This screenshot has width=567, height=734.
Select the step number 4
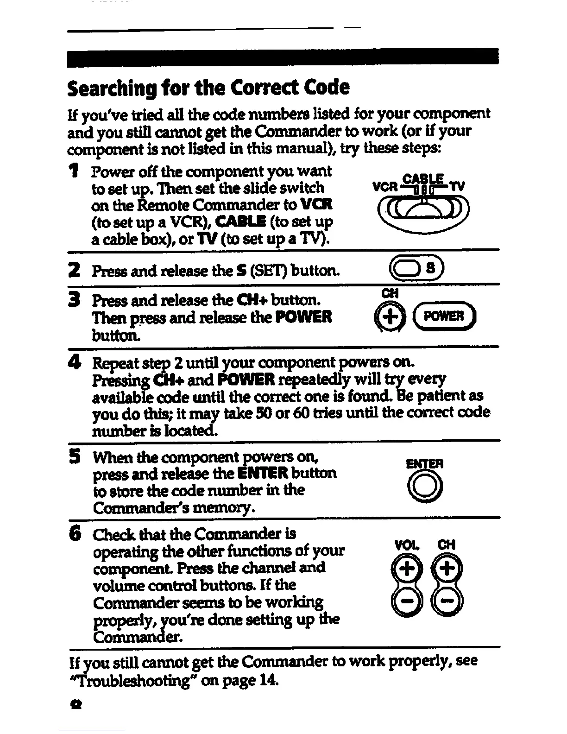pos(73,362)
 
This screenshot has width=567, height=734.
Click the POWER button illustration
pos(449,316)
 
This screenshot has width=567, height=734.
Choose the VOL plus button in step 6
pos(401,567)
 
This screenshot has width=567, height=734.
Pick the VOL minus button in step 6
pos(401,601)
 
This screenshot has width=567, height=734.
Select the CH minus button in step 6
pos(447,601)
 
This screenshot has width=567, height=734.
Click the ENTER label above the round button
pos(424,464)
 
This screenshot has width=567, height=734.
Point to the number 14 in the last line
pos(271,680)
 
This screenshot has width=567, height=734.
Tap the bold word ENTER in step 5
pos(262,473)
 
